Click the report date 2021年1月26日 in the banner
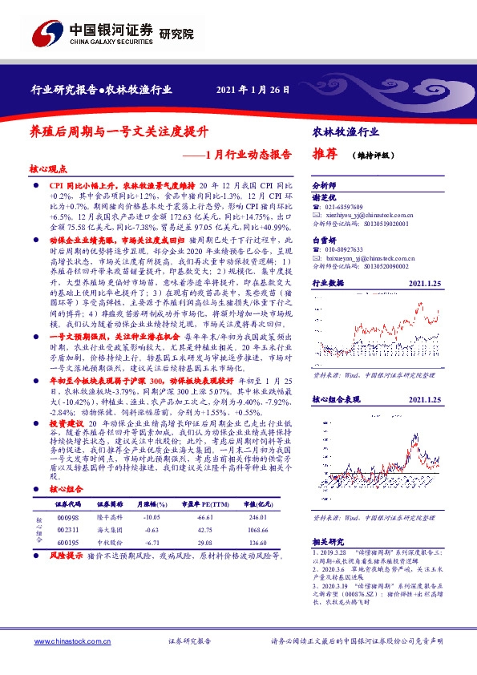[253, 89]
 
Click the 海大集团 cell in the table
[109, 530]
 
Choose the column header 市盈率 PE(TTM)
[204, 504]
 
